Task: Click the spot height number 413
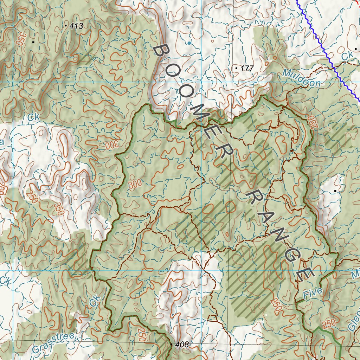[76, 26]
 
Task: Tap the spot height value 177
[247, 69]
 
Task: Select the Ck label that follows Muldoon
[347, 56]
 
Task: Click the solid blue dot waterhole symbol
[189, 43]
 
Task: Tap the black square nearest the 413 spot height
[33, 42]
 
